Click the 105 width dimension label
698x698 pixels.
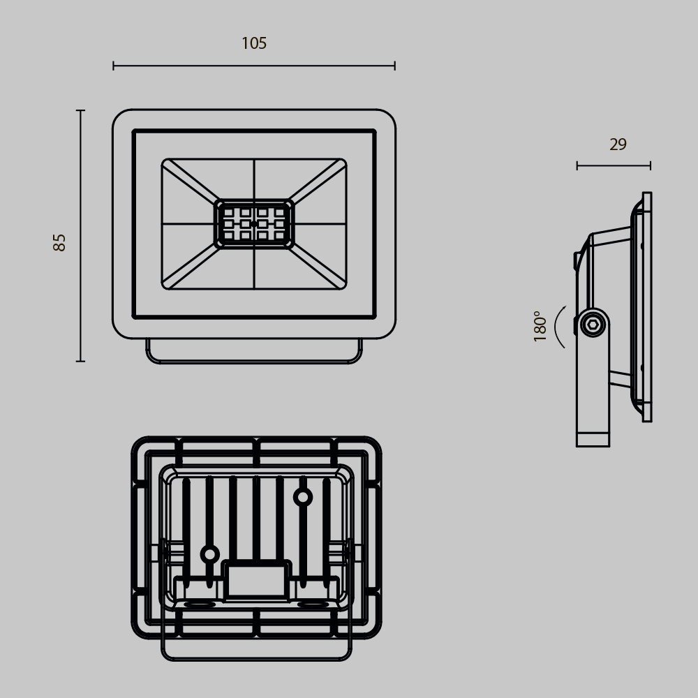[254, 43]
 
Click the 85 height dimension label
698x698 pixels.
[60, 242]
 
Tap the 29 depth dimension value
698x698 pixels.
[618, 144]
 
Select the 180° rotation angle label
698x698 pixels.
[540, 326]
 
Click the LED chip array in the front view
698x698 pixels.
[254, 224]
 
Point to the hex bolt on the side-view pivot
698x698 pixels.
[593, 325]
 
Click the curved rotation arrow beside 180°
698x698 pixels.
[558, 327]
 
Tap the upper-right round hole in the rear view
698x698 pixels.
[302, 497]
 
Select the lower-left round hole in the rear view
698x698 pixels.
[209, 554]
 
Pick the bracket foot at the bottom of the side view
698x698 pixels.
[593, 439]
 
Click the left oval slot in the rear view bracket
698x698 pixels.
[200, 604]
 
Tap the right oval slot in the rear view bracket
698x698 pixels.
[313, 604]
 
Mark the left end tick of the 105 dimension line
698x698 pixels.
[114, 66]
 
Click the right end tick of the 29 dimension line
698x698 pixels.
[650, 165]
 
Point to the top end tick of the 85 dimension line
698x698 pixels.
[80, 110]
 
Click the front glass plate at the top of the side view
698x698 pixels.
[647, 202]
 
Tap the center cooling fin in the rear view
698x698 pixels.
[256, 517]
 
